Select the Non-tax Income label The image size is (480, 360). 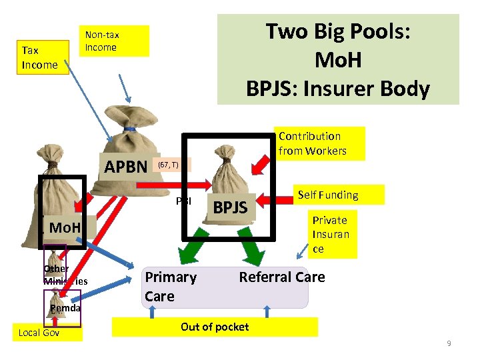point(114,41)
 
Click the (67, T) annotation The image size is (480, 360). point(168,164)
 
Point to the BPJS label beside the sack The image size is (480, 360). point(230,209)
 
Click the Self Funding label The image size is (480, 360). point(328,195)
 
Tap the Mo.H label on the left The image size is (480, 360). point(65,229)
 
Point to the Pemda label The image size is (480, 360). point(65,308)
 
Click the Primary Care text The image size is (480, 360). point(170,287)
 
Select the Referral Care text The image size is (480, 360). point(282,277)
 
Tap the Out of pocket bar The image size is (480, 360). point(215,327)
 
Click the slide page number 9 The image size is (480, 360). point(449,343)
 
